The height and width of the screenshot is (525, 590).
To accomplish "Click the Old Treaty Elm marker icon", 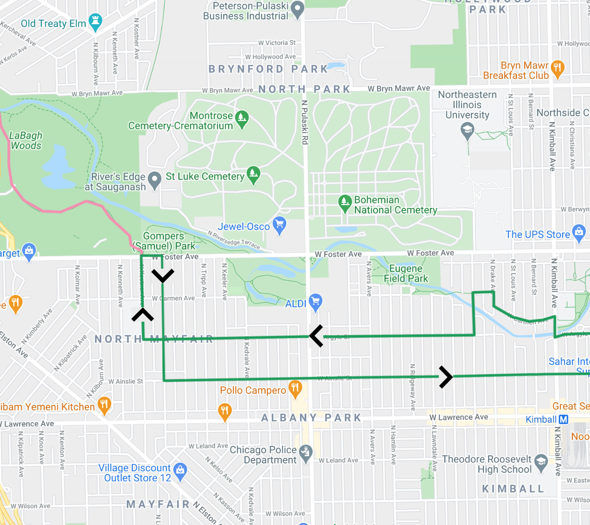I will [x=95, y=22].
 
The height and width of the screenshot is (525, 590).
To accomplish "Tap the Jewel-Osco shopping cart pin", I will [x=279, y=225].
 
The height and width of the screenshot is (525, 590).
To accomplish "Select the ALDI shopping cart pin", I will [x=315, y=302].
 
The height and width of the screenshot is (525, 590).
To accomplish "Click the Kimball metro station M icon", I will [x=563, y=419].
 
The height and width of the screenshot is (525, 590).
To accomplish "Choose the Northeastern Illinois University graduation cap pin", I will [x=467, y=130].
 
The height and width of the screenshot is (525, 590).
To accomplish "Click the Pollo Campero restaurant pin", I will [x=295, y=388].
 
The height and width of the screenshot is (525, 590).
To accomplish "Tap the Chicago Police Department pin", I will [x=305, y=453].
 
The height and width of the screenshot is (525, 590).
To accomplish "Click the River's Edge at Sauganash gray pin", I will [x=154, y=180].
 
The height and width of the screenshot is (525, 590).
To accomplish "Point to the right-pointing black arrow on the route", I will [x=446, y=377].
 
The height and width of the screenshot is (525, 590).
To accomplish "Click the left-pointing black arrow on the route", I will [x=316, y=336].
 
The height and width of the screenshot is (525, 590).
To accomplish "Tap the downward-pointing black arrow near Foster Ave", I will [x=163, y=275].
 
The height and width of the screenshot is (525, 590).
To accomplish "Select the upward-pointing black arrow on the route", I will [x=143, y=315].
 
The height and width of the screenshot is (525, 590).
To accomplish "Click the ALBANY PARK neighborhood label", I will [x=311, y=418].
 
